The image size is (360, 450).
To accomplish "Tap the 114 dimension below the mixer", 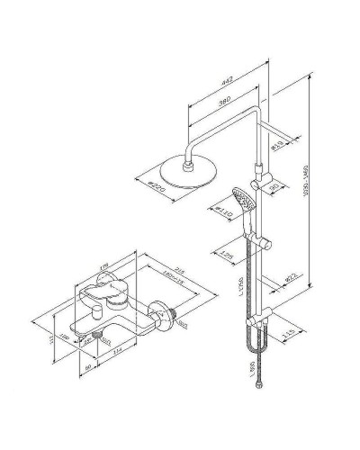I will (118, 373).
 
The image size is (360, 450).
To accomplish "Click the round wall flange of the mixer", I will (163, 313).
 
